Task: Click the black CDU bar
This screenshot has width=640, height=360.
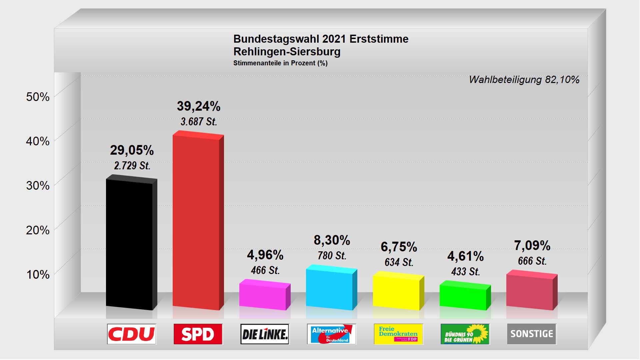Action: coord(129,245)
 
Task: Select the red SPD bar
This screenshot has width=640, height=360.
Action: coord(196,222)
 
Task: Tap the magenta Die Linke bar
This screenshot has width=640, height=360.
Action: coord(263,296)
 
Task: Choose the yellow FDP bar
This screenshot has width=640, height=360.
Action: coord(396,292)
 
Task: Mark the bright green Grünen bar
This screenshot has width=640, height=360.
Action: coord(463,297)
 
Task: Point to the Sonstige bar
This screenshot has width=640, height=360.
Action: coord(530,291)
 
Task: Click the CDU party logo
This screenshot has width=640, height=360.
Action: coord(132,334)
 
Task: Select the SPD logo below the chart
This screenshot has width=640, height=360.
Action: coord(198,334)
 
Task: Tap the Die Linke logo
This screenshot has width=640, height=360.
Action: coord(265,334)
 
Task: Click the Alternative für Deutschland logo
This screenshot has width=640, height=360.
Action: coord(332,334)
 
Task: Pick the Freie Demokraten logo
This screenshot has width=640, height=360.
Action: coord(398,334)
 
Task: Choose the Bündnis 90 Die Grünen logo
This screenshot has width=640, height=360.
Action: coord(465,334)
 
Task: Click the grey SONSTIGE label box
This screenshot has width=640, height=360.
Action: coord(532,334)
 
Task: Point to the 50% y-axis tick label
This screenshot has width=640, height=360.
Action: coord(38,97)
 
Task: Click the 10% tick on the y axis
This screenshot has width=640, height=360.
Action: coord(38,275)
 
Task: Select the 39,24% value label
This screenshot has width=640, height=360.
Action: coord(199,106)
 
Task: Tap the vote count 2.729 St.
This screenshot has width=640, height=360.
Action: coord(132,166)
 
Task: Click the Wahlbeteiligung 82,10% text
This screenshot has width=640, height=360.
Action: coord(524,80)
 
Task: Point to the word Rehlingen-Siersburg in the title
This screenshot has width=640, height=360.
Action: coord(287,52)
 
